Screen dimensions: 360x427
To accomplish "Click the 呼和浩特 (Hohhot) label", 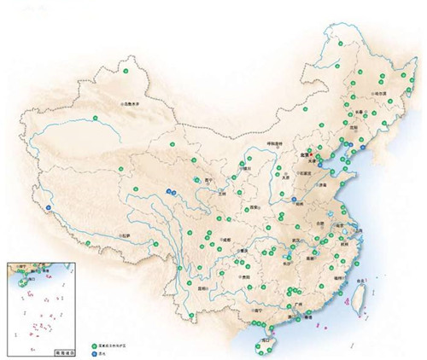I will point(273,144).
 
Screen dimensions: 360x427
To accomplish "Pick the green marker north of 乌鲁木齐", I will point(131,72).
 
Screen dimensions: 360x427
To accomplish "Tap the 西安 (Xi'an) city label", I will point(254,207).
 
